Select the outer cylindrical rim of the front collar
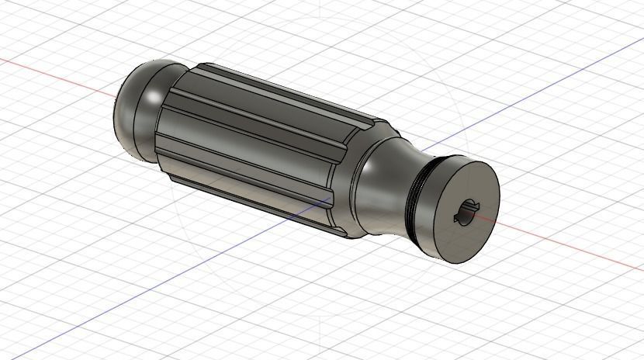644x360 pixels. coord(435,233)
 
